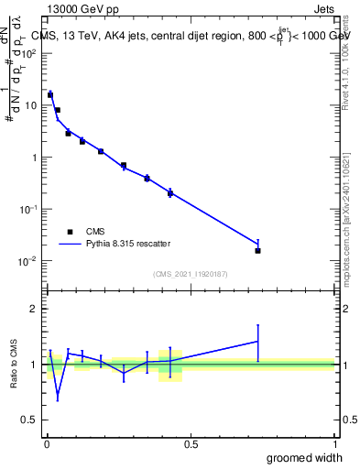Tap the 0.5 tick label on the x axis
[191, 444]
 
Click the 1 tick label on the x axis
[334, 444]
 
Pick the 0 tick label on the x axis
[47, 444]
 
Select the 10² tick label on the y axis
[29, 53]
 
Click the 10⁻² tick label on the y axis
[29, 261]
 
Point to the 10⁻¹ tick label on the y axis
[29, 209]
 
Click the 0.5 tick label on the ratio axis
[30, 420]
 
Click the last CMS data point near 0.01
[258, 250]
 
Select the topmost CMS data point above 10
[50, 94]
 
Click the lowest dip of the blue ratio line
[58, 398]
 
